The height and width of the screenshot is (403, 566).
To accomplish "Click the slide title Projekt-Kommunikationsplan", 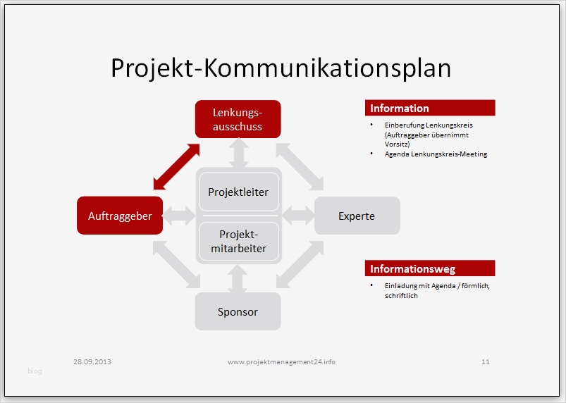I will [281, 68].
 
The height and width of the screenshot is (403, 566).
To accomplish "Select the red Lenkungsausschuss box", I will [238, 119].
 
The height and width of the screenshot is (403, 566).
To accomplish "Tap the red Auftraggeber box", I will [120, 216].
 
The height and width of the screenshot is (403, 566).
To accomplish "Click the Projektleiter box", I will [238, 192].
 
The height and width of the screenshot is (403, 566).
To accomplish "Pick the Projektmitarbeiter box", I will [238, 241].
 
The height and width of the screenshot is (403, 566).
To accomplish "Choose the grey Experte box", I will [357, 216].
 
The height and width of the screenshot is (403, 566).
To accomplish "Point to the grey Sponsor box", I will [238, 311].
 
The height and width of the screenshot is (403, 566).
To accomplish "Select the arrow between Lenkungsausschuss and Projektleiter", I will [238, 153].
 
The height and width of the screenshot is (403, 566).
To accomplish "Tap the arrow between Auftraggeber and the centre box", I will [179, 216].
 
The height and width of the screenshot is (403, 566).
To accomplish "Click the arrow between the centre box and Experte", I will [298, 216].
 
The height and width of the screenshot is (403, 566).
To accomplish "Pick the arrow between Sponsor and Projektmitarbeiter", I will [238, 278].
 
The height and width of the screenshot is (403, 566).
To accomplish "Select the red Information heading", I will [430, 108].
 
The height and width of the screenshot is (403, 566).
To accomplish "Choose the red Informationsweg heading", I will [430, 268].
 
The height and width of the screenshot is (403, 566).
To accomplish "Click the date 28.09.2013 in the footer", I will [92, 361].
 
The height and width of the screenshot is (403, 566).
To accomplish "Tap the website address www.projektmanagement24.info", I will [281, 361].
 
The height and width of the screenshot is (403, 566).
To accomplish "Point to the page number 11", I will [486, 361].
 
